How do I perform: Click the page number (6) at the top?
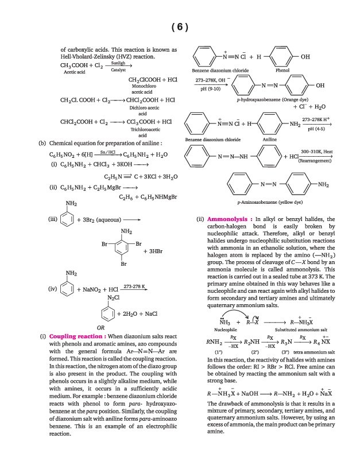point(180,27)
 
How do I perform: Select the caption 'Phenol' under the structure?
point(282,70)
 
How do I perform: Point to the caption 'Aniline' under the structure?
point(269,139)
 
